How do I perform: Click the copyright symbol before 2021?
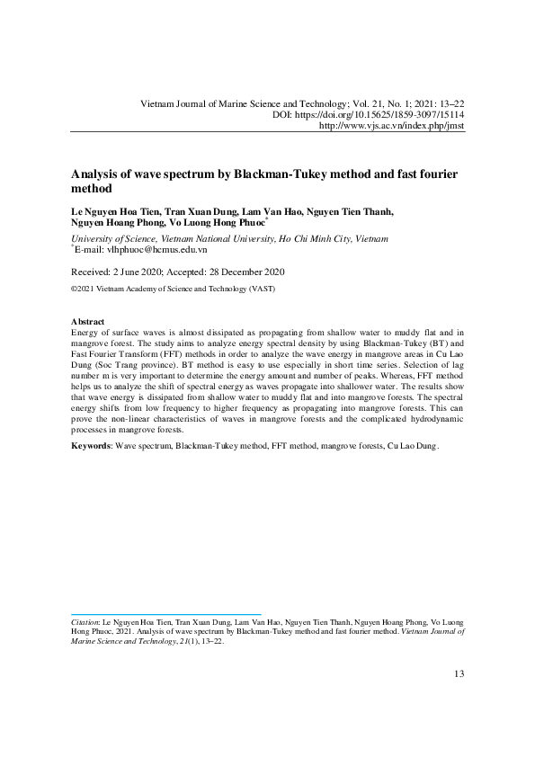tap(74, 289)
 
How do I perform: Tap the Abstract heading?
tap(87, 322)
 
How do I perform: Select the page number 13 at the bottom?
tap(459, 674)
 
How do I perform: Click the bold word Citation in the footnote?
tap(85, 621)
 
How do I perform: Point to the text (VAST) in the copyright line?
tap(260, 289)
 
